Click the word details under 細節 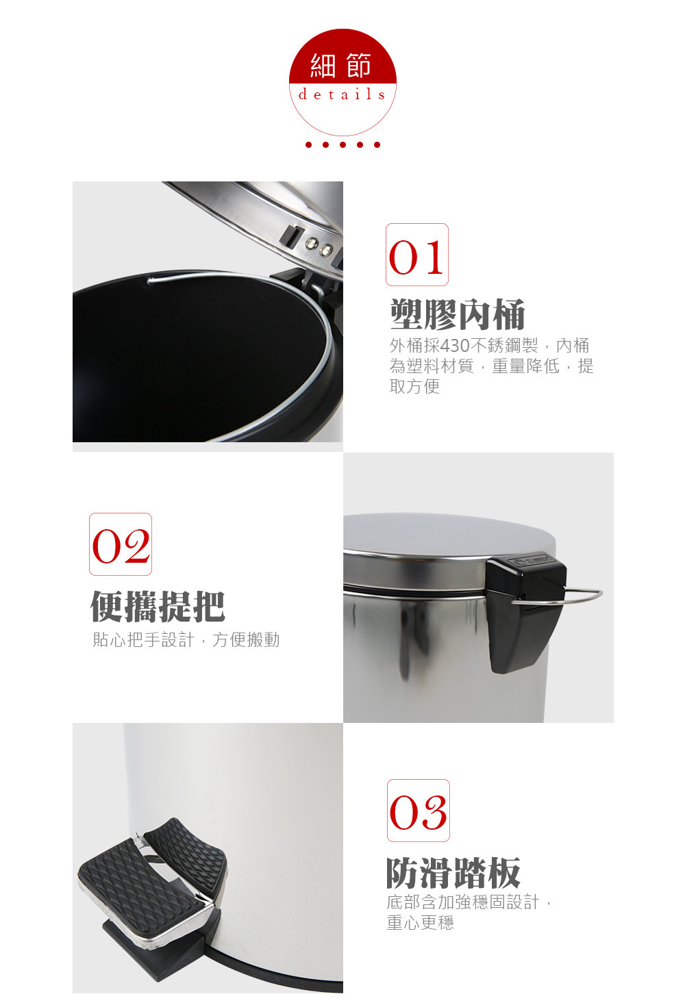pos(342,94)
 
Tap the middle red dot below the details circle pos(343,144)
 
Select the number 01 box pos(417,255)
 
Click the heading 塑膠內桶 pos(458,314)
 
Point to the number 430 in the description pos(455,346)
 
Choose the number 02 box pos(121,544)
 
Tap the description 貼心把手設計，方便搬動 pos(186,639)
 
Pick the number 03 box pos(419,811)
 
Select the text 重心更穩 pos(420,922)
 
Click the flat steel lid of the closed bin pos(449,536)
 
